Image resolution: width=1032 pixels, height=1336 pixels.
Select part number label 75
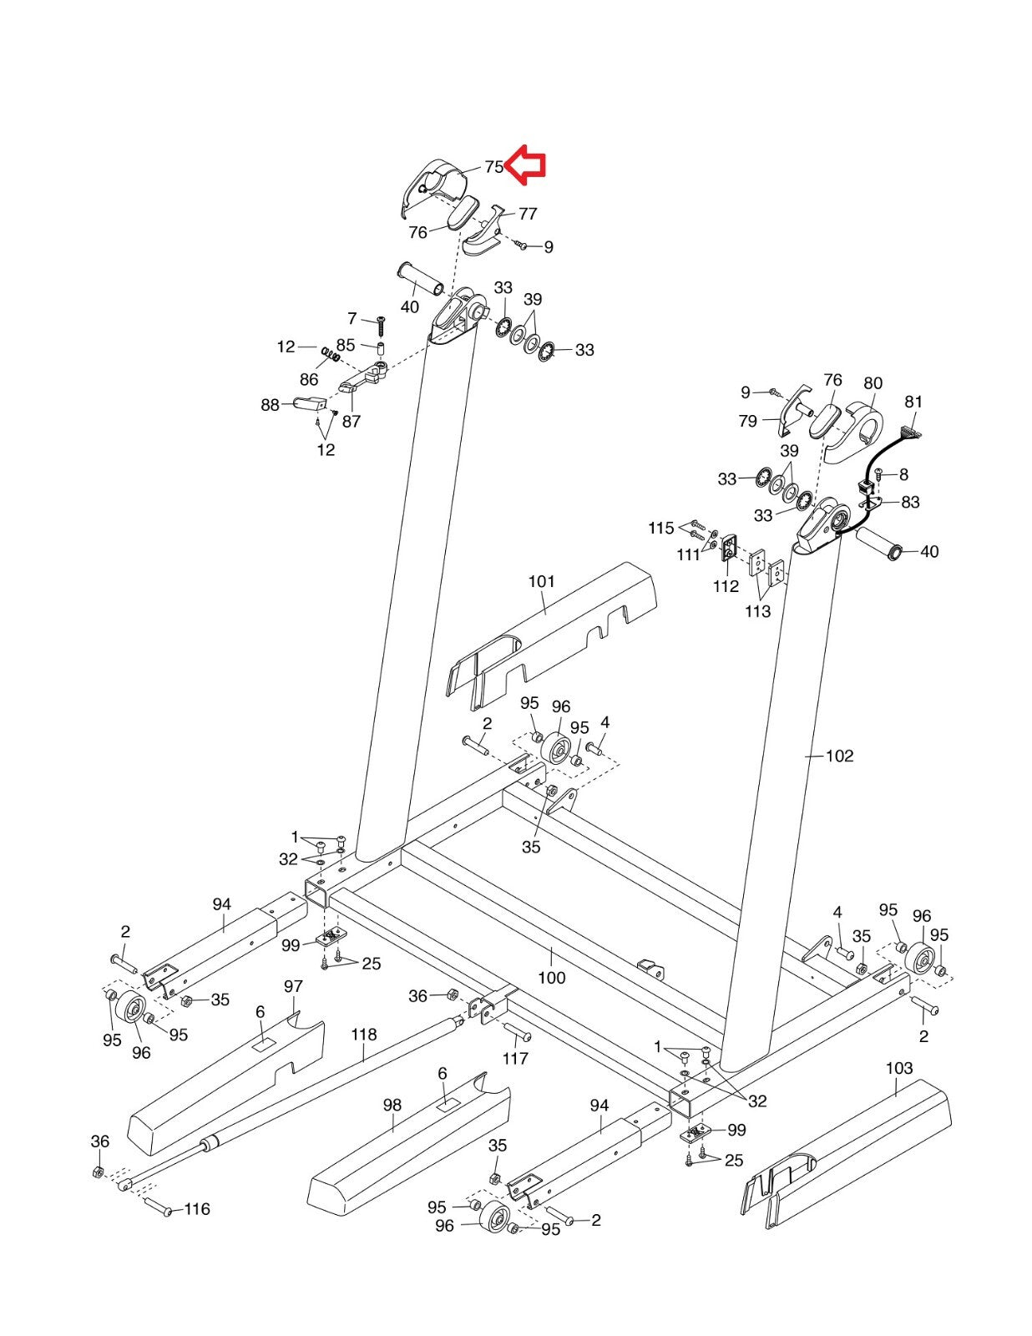tap(493, 167)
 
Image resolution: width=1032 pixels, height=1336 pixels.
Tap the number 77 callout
tap(528, 214)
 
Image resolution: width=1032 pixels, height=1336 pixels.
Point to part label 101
tap(542, 582)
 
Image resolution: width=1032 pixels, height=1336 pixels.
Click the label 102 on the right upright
tap(840, 757)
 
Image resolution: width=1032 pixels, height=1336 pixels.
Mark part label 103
tap(899, 1068)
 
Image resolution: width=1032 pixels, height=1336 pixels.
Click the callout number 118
tap(364, 1035)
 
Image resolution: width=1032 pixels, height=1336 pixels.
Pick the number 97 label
tap(293, 986)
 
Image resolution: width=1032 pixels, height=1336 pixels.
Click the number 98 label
tap(392, 1105)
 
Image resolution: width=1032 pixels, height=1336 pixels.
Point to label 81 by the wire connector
tap(913, 402)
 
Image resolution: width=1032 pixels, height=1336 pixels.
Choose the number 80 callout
tap(873, 383)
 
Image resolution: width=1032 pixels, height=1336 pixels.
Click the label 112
tap(726, 586)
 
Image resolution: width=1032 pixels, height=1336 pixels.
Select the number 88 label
tap(270, 405)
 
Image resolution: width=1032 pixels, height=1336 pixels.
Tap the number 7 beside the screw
tap(352, 318)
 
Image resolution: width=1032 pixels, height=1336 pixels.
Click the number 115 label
tap(661, 528)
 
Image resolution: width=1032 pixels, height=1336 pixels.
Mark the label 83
tap(910, 503)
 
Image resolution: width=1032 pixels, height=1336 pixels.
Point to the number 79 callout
tap(748, 421)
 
